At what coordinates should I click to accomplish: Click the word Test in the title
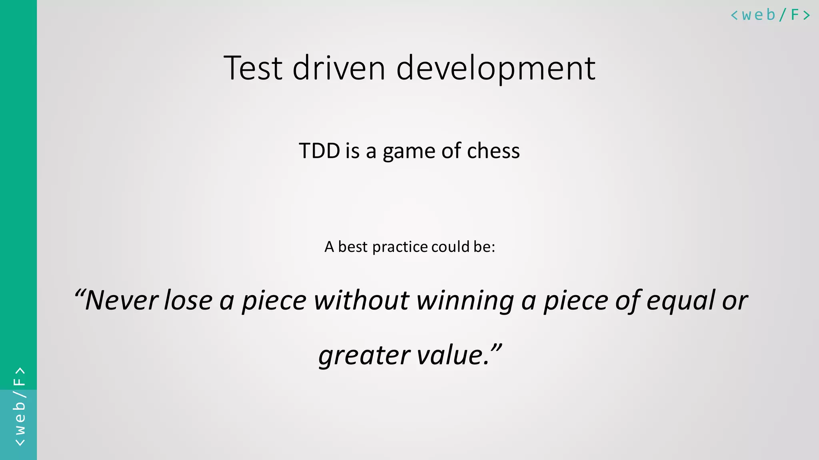253,68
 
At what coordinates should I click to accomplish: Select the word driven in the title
339,68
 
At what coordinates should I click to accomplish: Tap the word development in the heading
496,69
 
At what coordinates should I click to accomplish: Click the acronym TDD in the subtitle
319,151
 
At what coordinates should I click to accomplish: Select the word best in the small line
352,247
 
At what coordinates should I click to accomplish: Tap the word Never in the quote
122,300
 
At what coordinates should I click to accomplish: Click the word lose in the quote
188,300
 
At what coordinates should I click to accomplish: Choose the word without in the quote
362,300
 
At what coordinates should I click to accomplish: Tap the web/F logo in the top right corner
770,15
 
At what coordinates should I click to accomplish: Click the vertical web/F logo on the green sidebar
19,406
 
